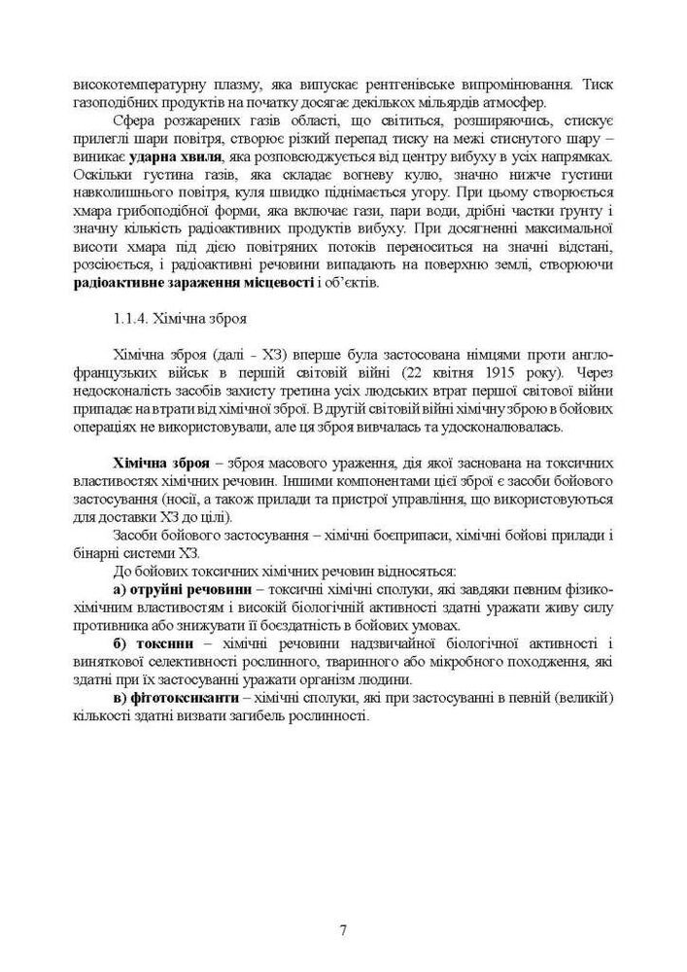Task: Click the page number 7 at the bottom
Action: pos(343,929)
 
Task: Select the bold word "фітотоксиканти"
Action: pos(182,698)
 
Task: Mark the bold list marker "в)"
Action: pos(120,698)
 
